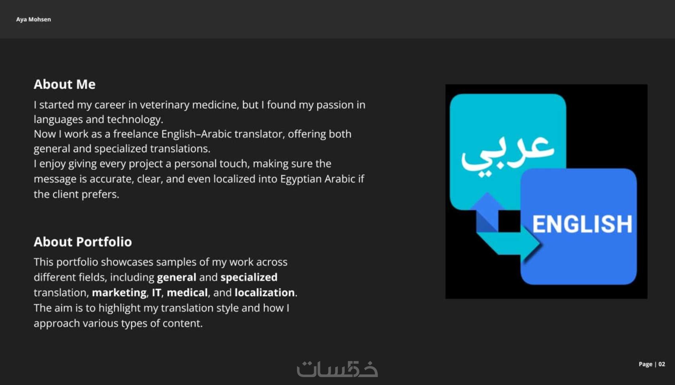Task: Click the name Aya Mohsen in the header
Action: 33,19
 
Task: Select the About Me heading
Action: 64,85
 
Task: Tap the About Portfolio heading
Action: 83,242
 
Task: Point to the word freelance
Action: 136,134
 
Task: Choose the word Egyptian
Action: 301,179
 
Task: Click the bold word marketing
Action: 120,293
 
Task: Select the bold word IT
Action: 156,293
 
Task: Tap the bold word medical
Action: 187,293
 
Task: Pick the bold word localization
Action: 264,293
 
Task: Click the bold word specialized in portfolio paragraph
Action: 249,277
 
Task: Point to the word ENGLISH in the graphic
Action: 582,224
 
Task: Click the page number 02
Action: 662,364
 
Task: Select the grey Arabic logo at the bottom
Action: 337,369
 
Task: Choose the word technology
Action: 135,119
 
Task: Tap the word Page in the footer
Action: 645,364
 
